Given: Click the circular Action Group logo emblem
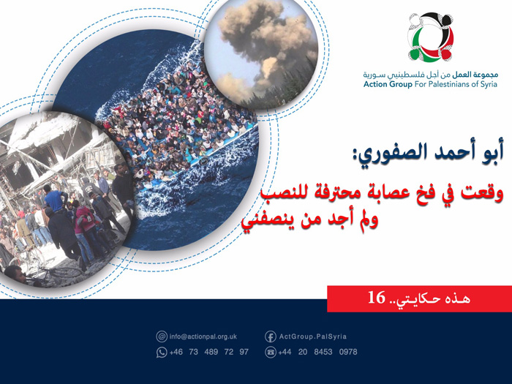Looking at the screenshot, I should [431, 39].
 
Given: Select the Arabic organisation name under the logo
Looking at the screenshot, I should [430, 75].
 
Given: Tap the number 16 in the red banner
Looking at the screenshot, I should [376, 298].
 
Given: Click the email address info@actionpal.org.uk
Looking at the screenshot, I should [203, 336].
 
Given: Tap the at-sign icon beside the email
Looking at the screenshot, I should [162, 336].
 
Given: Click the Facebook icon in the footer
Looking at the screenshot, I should [270, 336].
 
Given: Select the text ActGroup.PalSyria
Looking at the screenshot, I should [313, 336].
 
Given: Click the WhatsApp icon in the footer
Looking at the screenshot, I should [162, 352].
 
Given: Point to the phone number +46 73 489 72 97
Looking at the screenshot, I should [208, 352].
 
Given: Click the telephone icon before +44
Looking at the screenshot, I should [270, 352].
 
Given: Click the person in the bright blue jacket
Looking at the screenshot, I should [54, 197].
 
